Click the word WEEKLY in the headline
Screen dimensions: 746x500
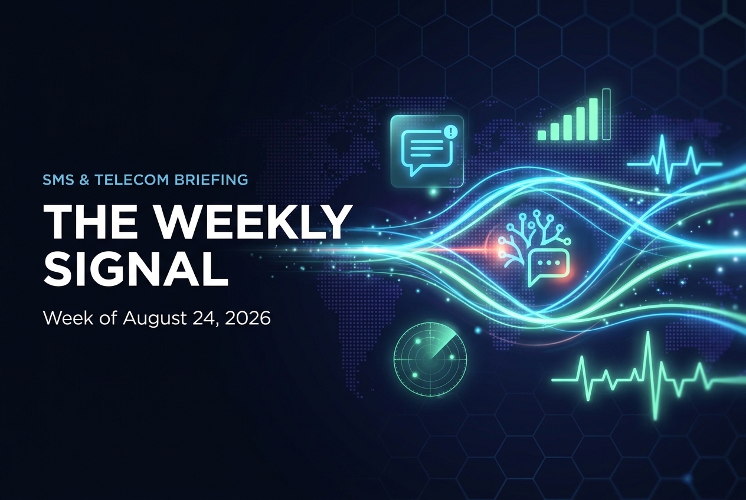pos(253,221)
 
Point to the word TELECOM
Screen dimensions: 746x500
pos(132,180)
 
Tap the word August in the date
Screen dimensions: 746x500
pos(154,319)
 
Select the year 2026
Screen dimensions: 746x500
pos(247,318)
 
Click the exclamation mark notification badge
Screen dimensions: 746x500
pos(451,131)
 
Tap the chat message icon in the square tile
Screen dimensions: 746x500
pos(426,152)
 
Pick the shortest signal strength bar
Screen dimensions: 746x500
pos(542,135)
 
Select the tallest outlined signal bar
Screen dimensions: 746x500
pos(607,114)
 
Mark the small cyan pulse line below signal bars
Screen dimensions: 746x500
pos(675,160)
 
